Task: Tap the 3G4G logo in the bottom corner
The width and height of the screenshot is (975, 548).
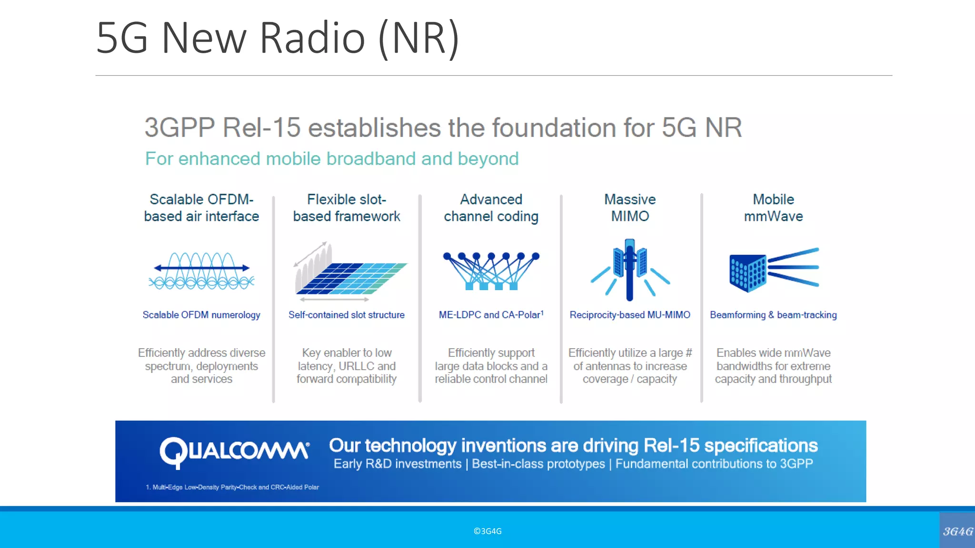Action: click(957, 531)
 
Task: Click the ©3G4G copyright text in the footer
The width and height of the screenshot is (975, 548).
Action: click(487, 531)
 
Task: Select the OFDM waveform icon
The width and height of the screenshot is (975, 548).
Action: click(202, 271)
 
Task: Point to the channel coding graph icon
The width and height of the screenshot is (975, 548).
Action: click(491, 271)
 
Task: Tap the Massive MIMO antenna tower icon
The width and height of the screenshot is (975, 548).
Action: click(629, 270)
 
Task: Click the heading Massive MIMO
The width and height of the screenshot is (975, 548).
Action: click(629, 208)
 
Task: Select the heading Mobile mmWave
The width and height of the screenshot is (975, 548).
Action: click(773, 208)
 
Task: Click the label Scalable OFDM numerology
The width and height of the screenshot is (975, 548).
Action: click(201, 315)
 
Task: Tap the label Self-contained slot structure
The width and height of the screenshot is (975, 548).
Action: click(346, 315)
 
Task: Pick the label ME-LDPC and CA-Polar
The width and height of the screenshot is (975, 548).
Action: click(491, 315)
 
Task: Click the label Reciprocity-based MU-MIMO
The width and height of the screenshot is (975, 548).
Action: click(629, 315)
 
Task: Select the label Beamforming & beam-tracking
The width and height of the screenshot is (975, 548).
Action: click(773, 315)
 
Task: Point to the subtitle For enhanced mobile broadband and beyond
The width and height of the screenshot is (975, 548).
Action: click(332, 159)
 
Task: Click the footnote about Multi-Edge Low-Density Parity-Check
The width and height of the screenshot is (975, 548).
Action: click(232, 487)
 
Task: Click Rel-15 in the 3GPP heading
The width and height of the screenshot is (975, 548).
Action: click(261, 127)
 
